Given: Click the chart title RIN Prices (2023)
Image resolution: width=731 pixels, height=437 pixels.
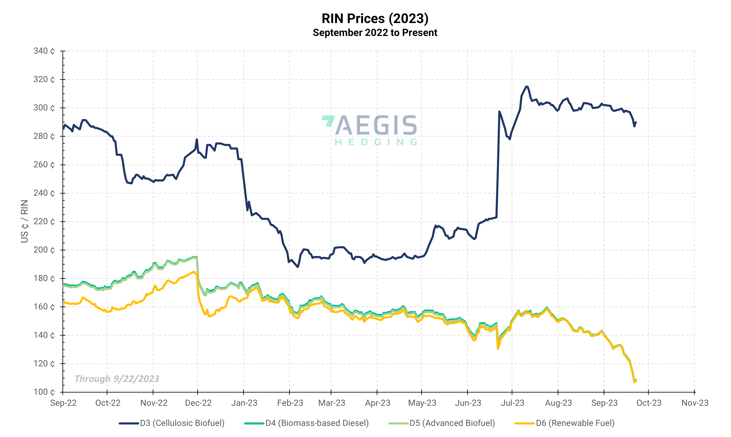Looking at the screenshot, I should coord(375,19).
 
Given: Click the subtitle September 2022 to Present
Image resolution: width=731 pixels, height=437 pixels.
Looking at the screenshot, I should coord(375,33).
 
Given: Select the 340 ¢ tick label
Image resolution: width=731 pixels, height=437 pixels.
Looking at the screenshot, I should coord(44,51).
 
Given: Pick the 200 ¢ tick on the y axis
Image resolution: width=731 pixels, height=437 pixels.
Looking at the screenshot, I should coord(44,250).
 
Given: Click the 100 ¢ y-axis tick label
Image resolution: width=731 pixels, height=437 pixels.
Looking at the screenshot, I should coord(44,392).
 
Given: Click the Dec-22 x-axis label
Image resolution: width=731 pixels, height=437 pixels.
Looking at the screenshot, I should coord(198,403).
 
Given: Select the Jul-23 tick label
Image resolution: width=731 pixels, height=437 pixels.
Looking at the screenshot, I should coord(512,403).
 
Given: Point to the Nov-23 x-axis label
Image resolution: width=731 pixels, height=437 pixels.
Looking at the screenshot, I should coord(694,403).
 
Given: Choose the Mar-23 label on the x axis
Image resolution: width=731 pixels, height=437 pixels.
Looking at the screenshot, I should coord(332,403).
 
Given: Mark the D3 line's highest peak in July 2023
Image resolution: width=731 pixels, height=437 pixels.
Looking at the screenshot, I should coord(527,87).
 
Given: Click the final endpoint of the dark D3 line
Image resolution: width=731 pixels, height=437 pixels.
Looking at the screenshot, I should coord(636,122).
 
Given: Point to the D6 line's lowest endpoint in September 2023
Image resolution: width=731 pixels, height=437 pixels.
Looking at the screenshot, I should coord(634,382).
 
